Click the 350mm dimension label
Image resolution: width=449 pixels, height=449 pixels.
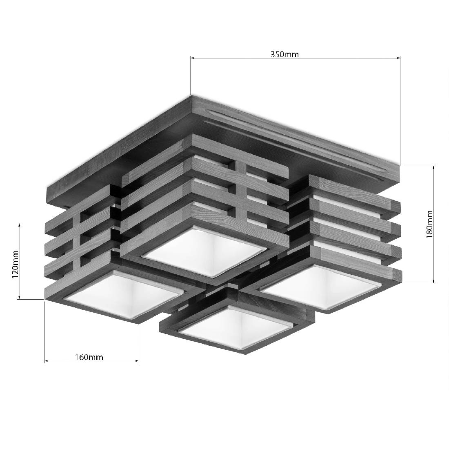coord(285,54)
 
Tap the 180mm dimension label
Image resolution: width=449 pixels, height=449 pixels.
coord(429,224)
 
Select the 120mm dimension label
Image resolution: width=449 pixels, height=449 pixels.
coord(16,265)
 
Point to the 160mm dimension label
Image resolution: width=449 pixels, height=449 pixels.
coord(89,357)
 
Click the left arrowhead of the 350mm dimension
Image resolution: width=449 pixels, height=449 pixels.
coord(192,58)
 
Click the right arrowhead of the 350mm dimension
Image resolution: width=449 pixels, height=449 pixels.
coord(398,58)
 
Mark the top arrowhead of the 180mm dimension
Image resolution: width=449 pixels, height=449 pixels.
coord(434,168)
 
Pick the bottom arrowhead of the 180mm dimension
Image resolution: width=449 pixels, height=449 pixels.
coord(434,281)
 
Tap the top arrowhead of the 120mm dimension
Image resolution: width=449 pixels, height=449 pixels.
coord(19,226)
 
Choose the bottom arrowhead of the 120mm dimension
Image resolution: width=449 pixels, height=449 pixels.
coord(19,297)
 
